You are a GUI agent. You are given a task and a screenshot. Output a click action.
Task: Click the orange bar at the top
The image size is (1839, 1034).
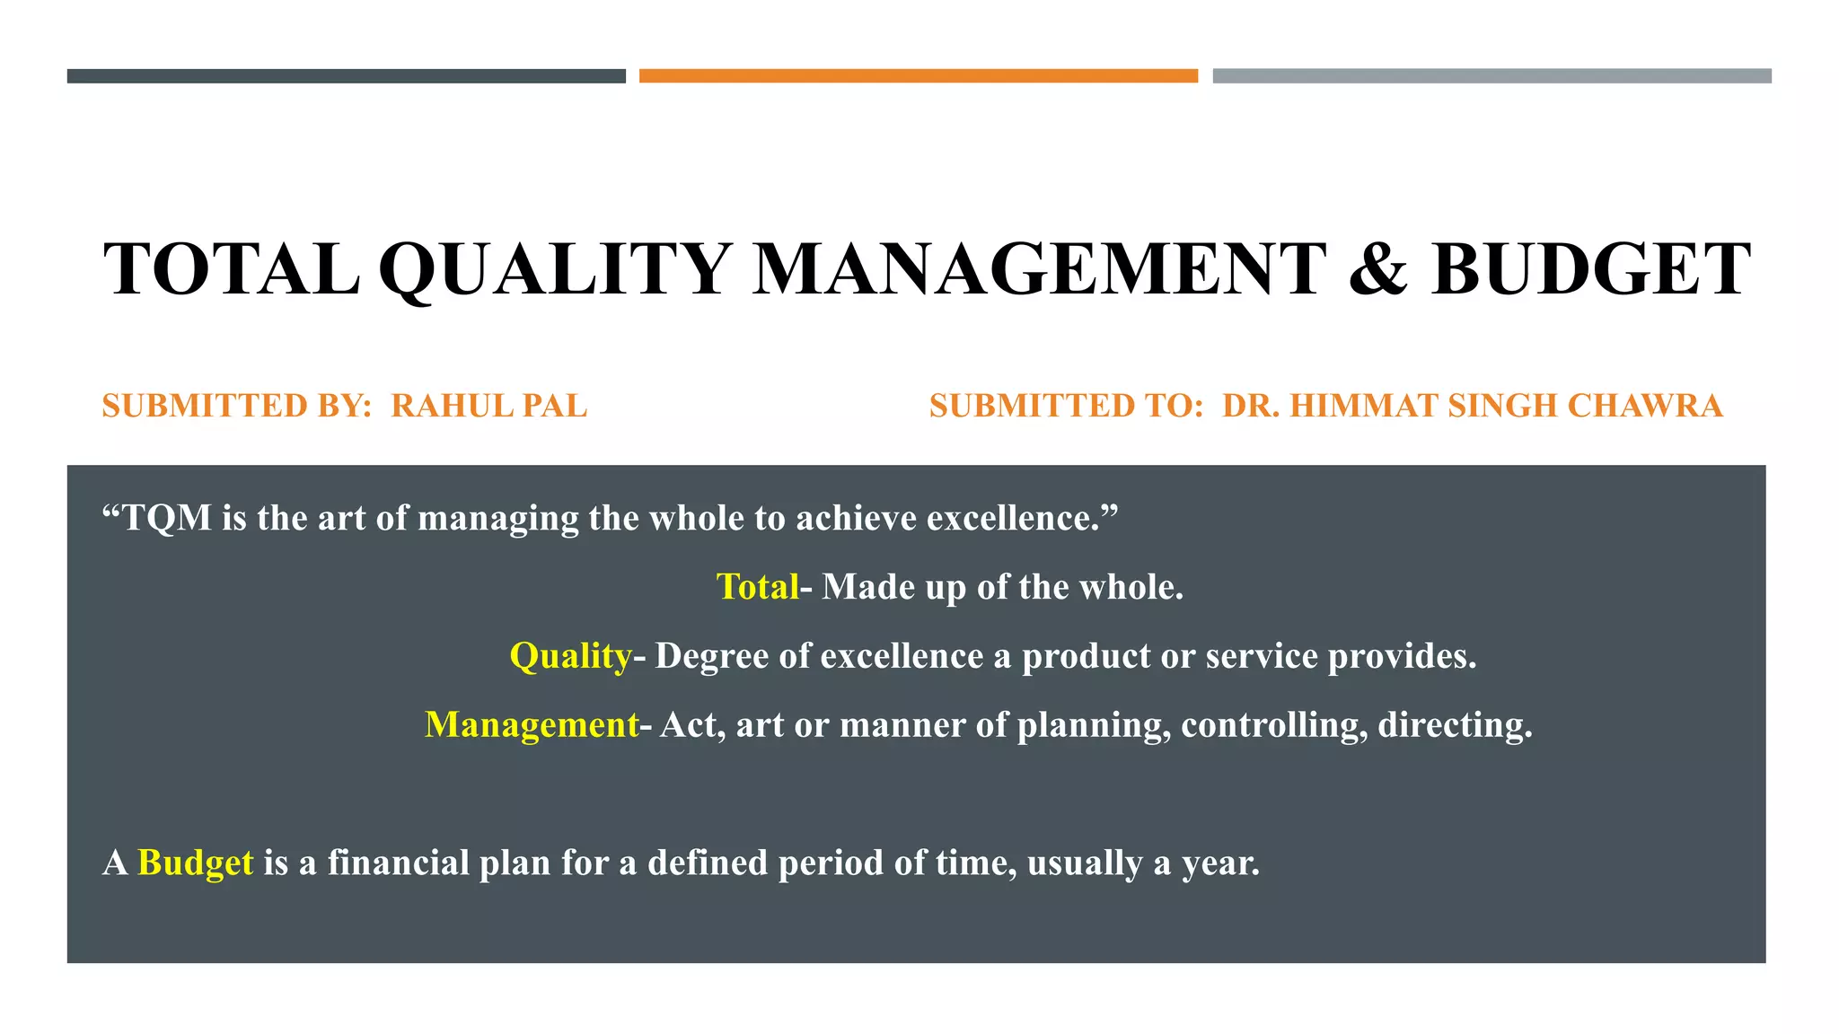click(918, 76)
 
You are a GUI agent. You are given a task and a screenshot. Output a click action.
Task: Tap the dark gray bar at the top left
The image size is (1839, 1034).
click(346, 76)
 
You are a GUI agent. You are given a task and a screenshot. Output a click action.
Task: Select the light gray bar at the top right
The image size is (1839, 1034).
click(1491, 76)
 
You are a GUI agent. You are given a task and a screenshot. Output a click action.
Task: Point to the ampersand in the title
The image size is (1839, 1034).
click(1377, 269)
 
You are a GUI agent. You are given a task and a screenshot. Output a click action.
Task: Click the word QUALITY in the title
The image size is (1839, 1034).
click(555, 269)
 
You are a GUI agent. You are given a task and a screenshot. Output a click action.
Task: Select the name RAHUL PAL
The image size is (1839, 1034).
click(489, 406)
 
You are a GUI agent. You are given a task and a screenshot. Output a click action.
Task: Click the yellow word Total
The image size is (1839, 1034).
click(757, 587)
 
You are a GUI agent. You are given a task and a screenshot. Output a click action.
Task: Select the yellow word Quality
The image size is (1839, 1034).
click(571, 656)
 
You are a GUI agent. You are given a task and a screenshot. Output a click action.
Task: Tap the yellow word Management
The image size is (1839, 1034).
click(532, 725)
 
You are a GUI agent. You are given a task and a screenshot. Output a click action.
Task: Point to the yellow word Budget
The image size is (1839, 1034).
click(196, 863)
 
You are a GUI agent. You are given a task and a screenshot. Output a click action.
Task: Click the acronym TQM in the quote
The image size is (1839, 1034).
click(167, 518)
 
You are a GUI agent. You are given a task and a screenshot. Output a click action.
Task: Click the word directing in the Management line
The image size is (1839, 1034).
click(1454, 725)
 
